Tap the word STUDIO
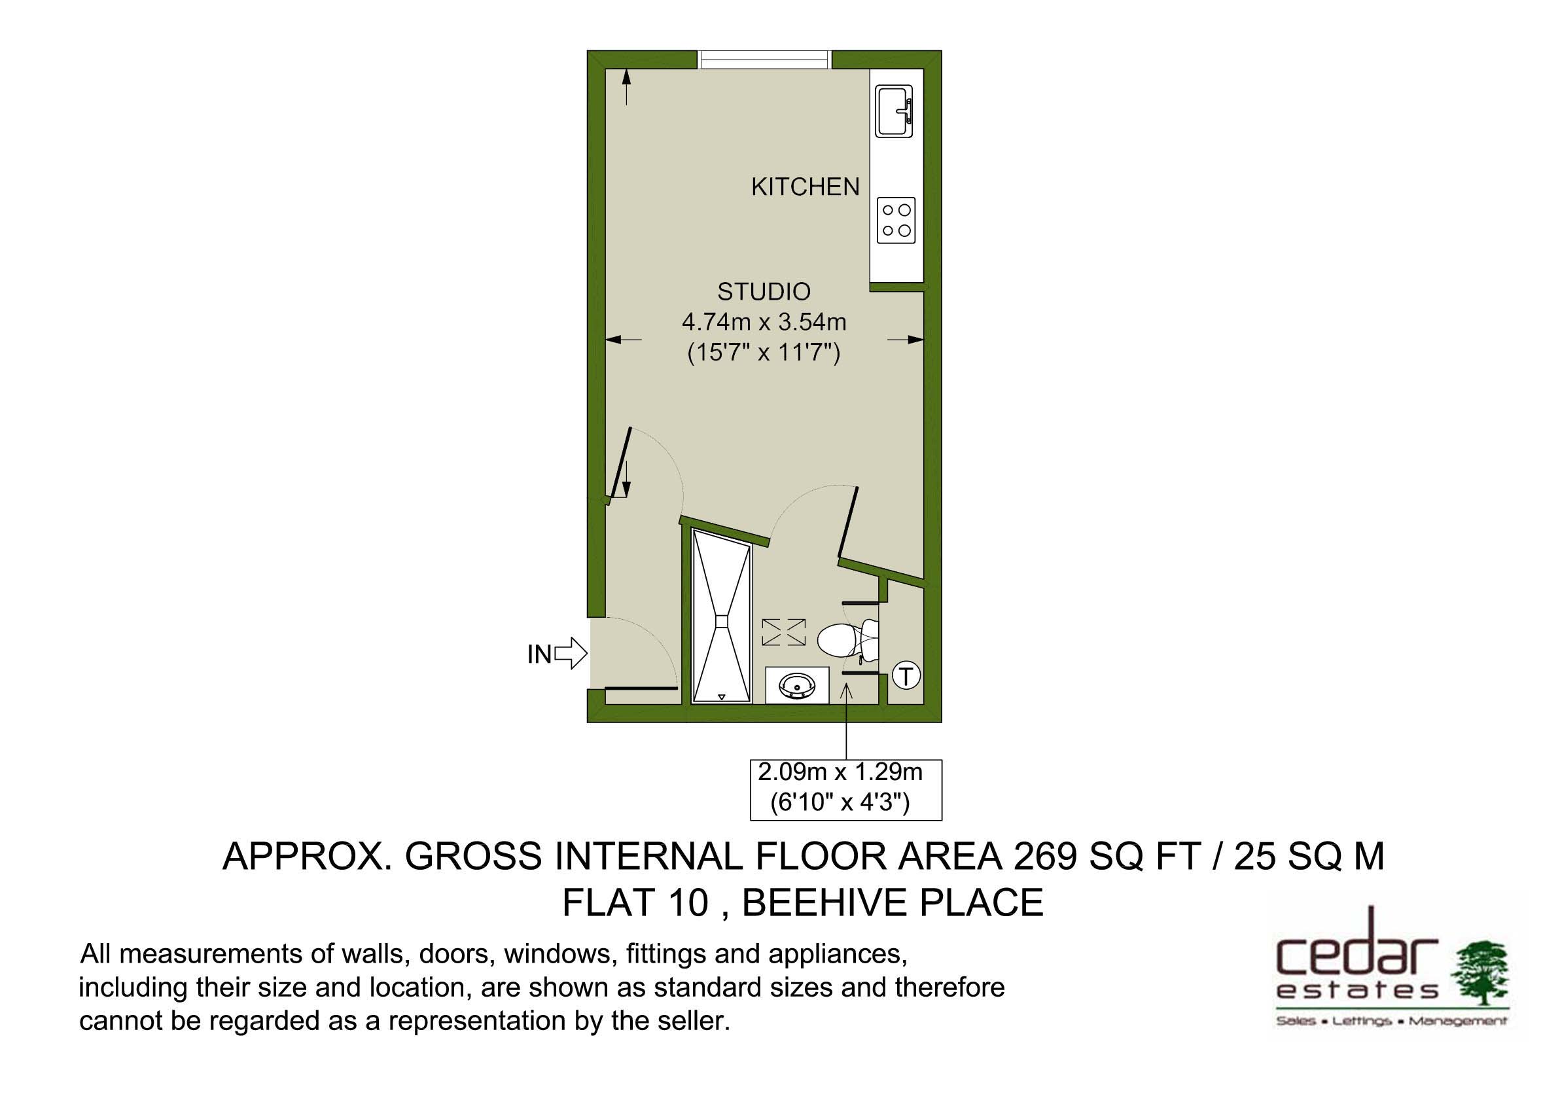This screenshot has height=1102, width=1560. coord(764,291)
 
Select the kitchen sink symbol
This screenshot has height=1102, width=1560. coord(895,111)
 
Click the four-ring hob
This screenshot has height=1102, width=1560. coord(896,220)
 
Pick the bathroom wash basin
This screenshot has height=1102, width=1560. coord(797,685)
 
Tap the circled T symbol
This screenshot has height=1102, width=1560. coord(906,676)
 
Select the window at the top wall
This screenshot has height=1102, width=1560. coord(764,60)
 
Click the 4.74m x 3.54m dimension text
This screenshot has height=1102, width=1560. coord(764,322)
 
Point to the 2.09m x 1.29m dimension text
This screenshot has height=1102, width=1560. coord(840,772)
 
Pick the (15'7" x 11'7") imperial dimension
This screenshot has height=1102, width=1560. coord(764,353)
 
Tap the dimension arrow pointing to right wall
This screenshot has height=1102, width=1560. coord(905,340)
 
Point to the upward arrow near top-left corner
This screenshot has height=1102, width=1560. coord(626,88)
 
